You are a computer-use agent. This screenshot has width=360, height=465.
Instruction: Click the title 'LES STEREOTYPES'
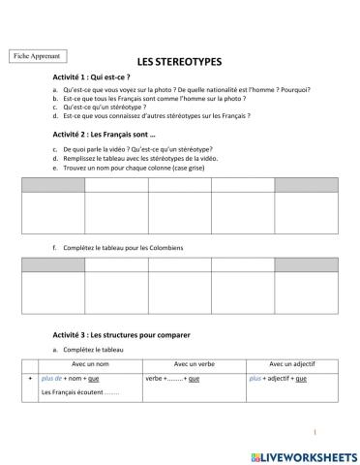tap(179, 61)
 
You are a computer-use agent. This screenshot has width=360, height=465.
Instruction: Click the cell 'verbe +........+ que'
tap(173, 378)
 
